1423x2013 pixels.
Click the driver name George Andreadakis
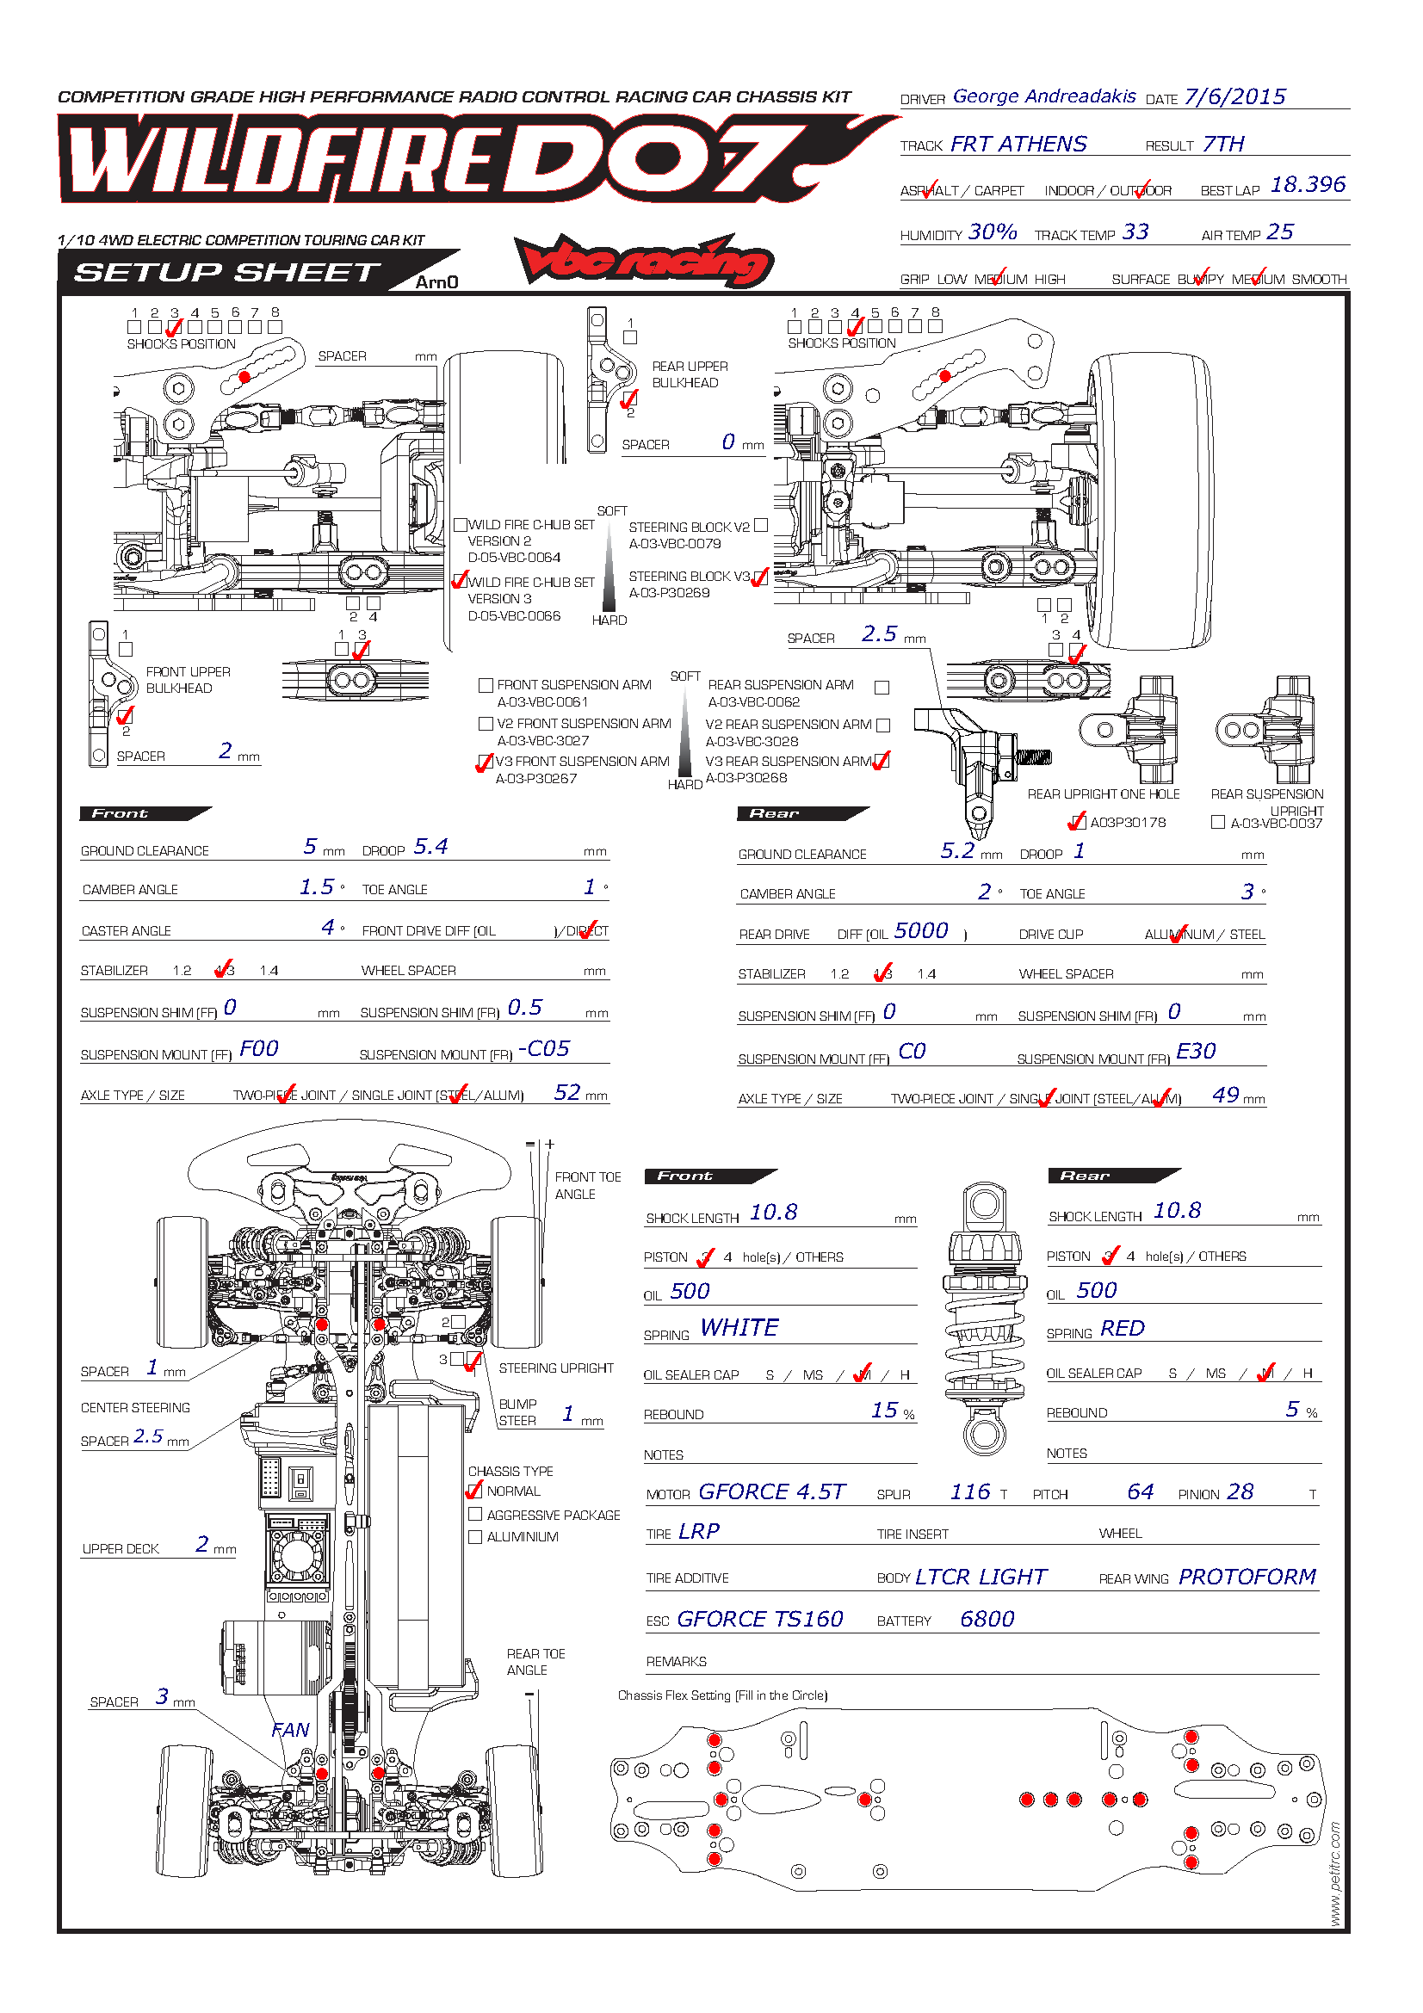pyautogui.click(x=1043, y=96)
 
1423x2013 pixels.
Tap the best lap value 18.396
pyautogui.click(x=1308, y=185)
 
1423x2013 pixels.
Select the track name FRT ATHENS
pyautogui.click(x=1018, y=144)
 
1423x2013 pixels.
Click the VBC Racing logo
pyautogui.click(x=643, y=262)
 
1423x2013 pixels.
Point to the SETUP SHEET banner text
pyautogui.click(x=226, y=273)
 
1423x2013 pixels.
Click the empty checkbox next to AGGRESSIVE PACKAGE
pyautogui.click(x=475, y=1514)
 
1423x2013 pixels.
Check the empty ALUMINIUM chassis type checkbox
pyautogui.click(x=475, y=1536)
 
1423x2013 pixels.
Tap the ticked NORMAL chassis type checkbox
pyautogui.click(x=475, y=1491)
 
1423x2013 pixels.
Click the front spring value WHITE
pyautogui.click(x=739, y=1327)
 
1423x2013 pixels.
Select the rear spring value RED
pyautogui.click(x=1122, y=1328)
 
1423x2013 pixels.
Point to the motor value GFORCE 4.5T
pyautogui.click(x=770, y=1491)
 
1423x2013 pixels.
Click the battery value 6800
pyautogui.click(x=987, y=1619)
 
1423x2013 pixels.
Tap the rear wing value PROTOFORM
pyautogui.click(x=1246, y=1577)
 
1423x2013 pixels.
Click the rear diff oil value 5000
pyautogui.click(x=920, y=930)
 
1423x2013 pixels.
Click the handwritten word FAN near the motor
pyautogui.click(x=290, y=1730)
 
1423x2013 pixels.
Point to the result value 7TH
pyautogui.click(x=1223, y=144)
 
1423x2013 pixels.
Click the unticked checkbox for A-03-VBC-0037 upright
pyautogui.click(x=1217, y=822)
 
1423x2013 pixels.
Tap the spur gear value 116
pyautogui.click(x=969, y=1491)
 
